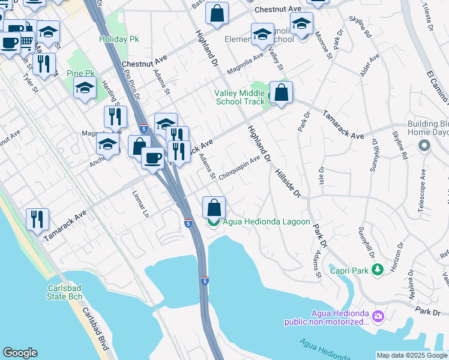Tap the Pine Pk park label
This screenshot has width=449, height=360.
(x=78, y=73)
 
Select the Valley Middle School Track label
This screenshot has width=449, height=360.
(x=240, y=97)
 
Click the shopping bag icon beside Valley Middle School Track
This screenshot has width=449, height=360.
(x=281, y=93)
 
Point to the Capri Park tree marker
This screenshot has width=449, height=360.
(x=377, y=271)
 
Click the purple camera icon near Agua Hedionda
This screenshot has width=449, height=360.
(x=378, y=316)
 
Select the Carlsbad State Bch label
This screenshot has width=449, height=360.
(x=69, y=292)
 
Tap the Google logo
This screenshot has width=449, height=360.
(x=20, y=353)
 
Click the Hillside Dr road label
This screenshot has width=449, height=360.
(x=288, y=183)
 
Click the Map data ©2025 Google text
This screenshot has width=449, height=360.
(x=412, y=355)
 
